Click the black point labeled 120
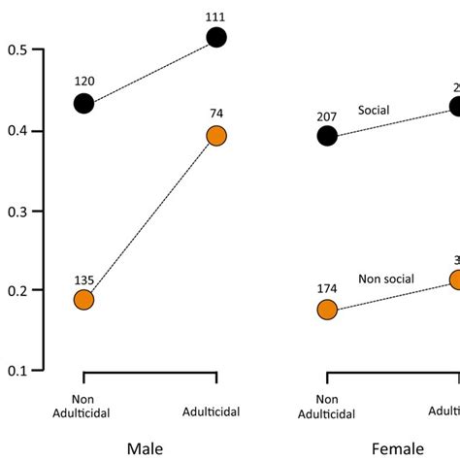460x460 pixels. [x=83, y=103]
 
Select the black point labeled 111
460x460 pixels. [x=215, y=37]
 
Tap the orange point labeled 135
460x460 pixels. [x=83, y=300]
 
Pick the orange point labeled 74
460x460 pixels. [x=215, y=137]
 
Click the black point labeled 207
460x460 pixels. [x=327, y=136]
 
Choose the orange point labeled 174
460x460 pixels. [x=327, y=310]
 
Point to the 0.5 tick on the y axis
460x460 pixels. [x=18, y=49]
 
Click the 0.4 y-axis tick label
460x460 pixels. [x=18, y=130]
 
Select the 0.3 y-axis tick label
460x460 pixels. [x=18, y=211]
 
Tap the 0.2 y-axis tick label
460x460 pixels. [x=18, y=290]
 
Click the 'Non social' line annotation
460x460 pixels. [x=386, y=279]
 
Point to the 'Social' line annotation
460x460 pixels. [x=373, y=111]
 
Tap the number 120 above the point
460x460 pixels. [x=83, y=80]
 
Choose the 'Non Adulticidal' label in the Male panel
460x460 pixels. [x=84, y=405]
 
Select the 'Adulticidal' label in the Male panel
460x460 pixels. [x=215, y=411]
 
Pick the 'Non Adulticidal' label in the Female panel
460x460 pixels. [x=328, y=405]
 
